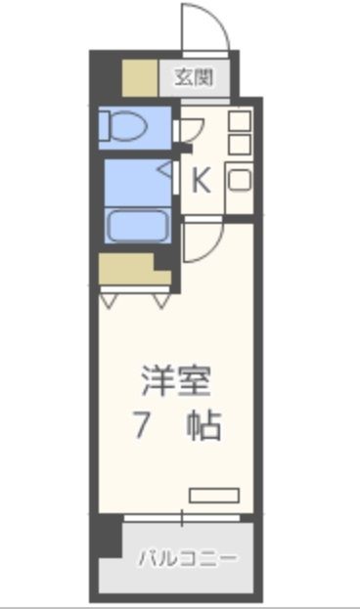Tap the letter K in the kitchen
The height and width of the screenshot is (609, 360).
200,181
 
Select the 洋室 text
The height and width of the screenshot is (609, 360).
176,379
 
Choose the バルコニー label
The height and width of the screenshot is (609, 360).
186,559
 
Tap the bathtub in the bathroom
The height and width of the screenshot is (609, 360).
138,225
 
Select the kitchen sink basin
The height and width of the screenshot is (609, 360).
240,180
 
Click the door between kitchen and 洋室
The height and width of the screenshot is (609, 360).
201,242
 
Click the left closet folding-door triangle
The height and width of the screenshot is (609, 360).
108,300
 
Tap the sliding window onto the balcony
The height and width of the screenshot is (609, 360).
182,516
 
